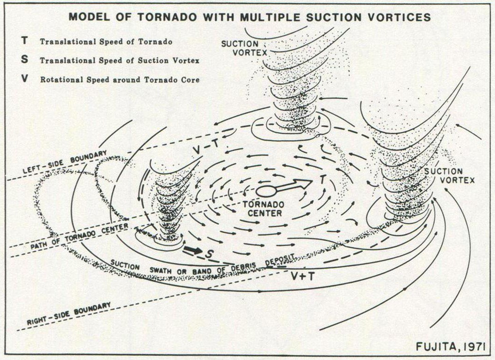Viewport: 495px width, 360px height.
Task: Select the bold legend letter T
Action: tap(25, 41)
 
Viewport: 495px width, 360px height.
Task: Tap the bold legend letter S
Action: tap(25, 60)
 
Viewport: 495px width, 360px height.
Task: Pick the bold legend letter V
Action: tap(25, 79)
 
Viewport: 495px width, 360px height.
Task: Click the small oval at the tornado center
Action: tap(266, 191)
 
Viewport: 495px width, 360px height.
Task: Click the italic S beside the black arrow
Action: tap(209, 254)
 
